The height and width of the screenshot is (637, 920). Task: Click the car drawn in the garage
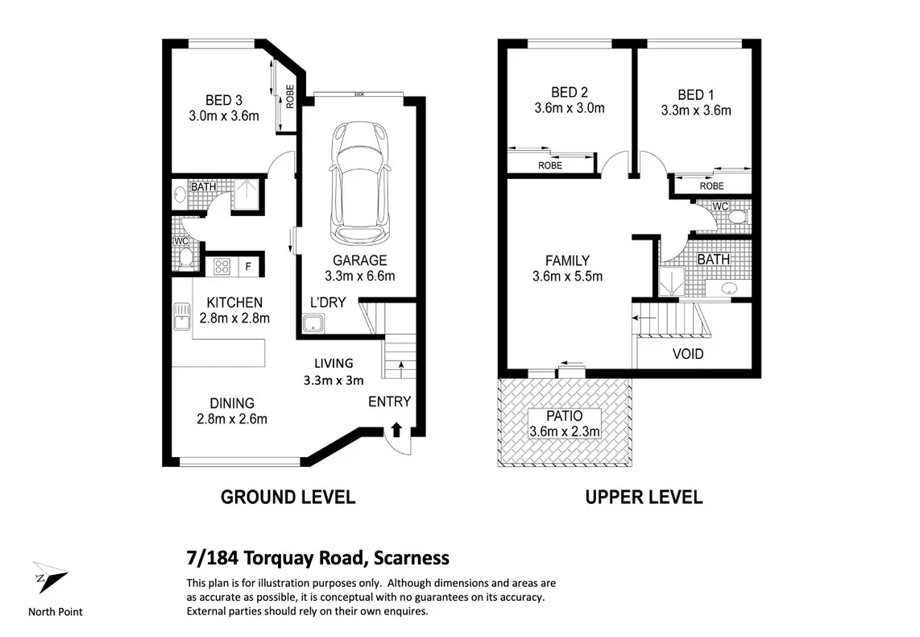click(x=360, y=183)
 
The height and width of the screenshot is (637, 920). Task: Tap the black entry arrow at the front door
click(x=396, y=430)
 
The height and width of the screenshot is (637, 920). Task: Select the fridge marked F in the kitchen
click(x=249, y=267)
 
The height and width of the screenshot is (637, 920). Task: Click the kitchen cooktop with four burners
click(x=222, y=267)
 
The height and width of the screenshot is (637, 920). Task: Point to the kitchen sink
click(x=182, y=316)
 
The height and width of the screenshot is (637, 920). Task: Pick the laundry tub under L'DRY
click(x=313, y=323)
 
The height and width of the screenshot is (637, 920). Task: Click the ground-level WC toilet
click(x=185, y=258)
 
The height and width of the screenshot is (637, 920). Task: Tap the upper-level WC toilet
click(x=737, y=217)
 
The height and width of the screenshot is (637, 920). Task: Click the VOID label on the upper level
click(x=688, y=354)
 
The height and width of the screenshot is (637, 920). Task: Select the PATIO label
click(x=565, y=416)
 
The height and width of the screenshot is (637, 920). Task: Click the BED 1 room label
click(x=696, y=95)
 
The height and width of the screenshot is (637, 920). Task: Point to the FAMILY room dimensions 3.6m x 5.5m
click(x=567, y=277)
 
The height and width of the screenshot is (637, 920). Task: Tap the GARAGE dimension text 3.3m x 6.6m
click(x=359, y=276)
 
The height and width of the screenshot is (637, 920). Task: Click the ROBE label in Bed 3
click(x=289, y=97)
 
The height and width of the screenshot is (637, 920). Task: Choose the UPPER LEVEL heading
click(x=644, y=498)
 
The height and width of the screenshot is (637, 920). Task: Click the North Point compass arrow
click(x=50, y=577)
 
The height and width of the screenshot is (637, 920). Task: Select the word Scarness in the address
click(x=412, y=558)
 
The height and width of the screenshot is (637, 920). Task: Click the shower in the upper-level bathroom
click(x=671, y=281)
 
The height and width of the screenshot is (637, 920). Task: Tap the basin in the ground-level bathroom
click(x=180, y=194)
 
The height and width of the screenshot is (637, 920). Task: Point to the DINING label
click(x=232, y=403)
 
